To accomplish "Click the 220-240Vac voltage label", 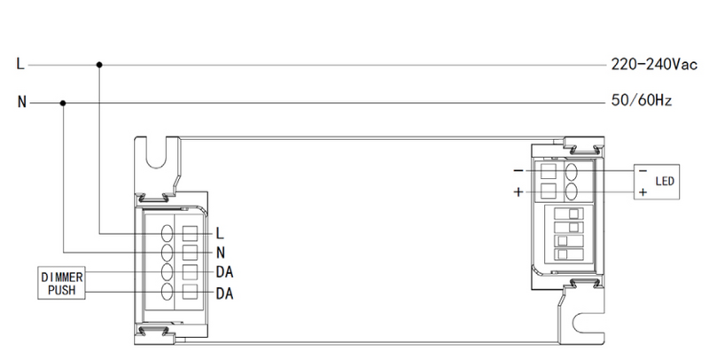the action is [x=654, y=64].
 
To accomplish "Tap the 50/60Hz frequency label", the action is [x=641, y=100].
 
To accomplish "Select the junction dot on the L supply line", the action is [x=99, y=65].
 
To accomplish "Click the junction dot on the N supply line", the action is [x=63, y=103].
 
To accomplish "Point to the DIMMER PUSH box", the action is [x=61, y=283].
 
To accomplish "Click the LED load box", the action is [x=657, y=182].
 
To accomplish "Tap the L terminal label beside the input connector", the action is [x=220, y=233].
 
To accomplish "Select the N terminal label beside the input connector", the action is [x=221, y=253].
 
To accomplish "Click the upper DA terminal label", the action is [x=225, y=272].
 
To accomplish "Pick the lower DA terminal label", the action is [x=225, y=293].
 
